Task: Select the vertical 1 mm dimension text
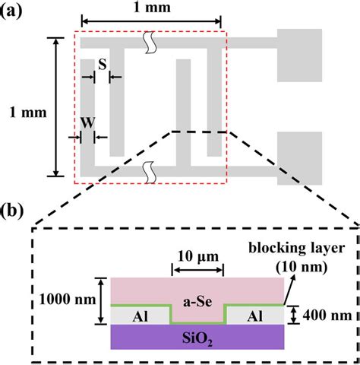(24, 113)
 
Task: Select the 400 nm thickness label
(320, 313)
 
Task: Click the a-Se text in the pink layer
(197, 293)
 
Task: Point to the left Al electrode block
(140, 313)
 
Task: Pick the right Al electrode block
(253, 313)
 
